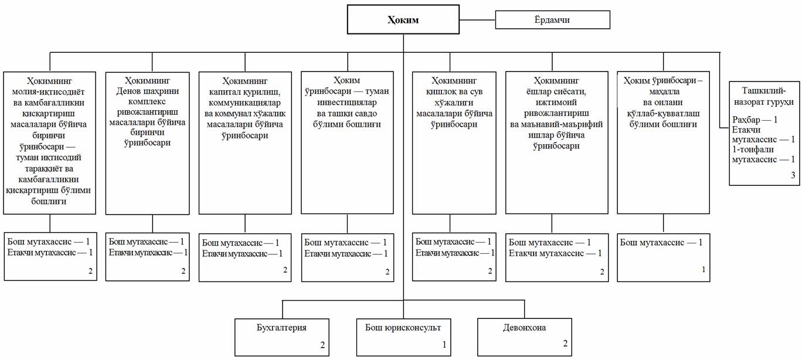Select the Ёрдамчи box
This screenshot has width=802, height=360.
(552, 20)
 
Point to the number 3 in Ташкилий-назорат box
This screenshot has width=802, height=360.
(793, 174)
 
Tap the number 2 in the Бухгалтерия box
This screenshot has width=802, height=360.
(323, 345)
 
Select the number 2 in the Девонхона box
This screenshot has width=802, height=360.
(565, 343)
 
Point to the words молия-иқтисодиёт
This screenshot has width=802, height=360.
(49, 91)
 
